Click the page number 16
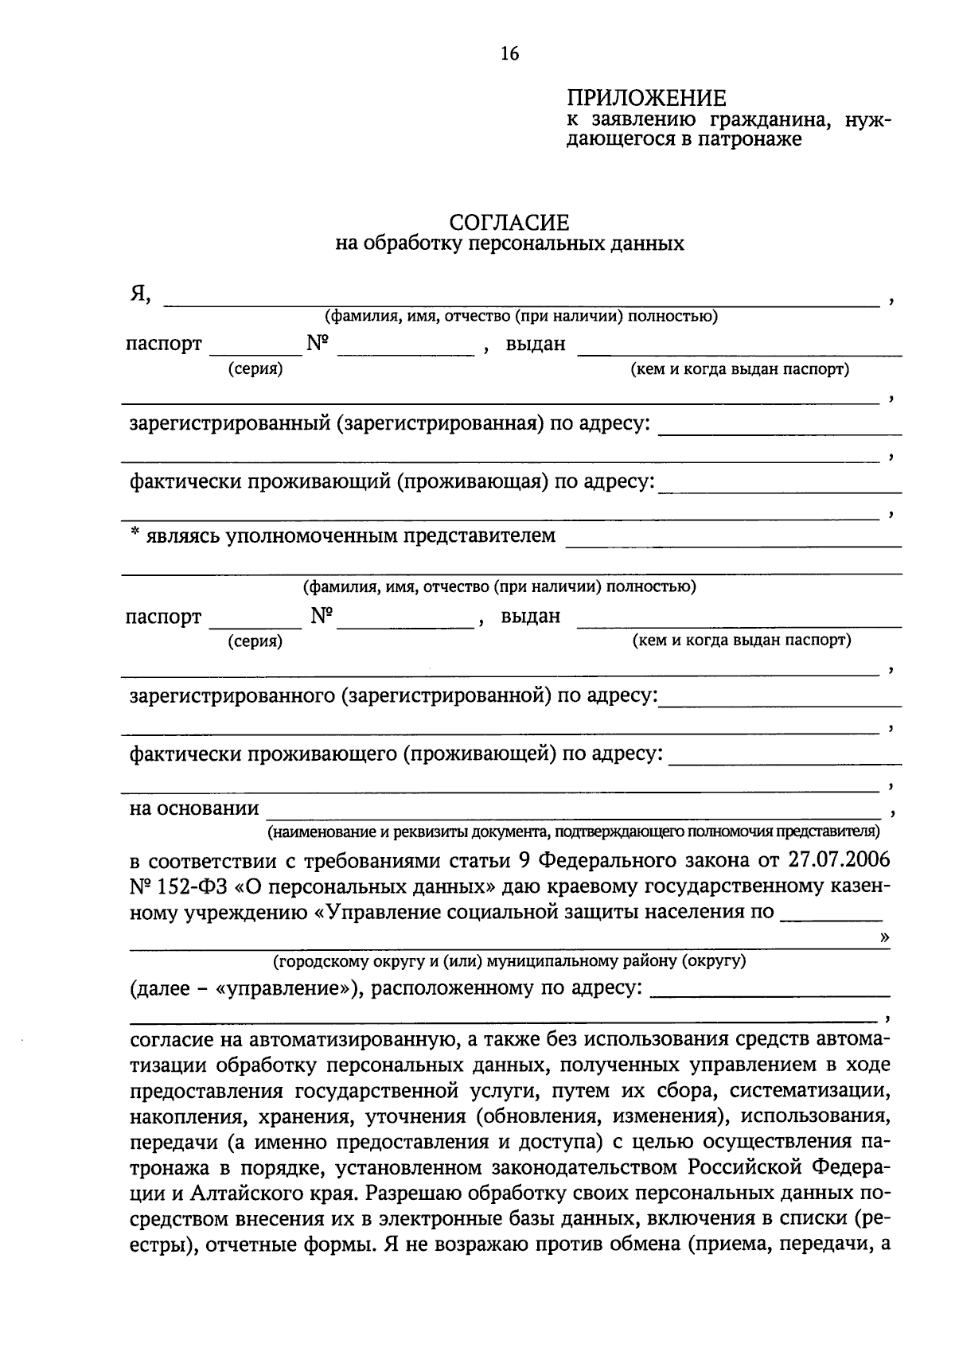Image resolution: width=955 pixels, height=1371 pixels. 509,54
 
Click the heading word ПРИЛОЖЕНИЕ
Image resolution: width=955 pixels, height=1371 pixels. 646,99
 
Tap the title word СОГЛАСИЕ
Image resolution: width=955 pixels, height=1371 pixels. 509,222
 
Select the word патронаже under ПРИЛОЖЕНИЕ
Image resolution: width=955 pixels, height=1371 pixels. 750,140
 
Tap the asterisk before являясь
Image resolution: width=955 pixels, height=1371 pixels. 135,536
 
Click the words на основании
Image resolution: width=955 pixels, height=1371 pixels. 194,808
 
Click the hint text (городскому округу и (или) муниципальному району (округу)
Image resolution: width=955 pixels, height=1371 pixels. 509,961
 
